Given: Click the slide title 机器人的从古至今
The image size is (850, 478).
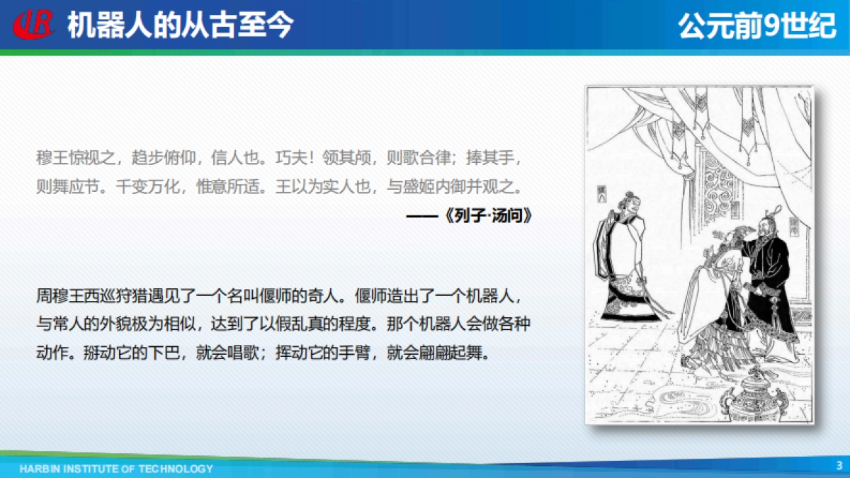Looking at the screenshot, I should [180, 25].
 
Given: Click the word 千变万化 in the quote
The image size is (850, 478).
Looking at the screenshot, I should [148, 188].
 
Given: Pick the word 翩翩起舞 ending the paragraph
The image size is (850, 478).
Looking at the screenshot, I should [453, 353].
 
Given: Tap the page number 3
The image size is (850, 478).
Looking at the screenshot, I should [839, 465].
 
